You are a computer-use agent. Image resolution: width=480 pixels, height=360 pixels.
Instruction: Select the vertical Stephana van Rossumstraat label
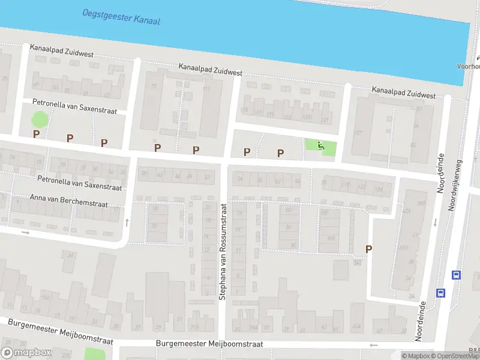[223, 251]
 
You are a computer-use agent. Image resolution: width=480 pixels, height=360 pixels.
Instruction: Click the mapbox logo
[26, 353]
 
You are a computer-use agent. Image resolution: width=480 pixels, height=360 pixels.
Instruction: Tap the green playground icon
[320, 146]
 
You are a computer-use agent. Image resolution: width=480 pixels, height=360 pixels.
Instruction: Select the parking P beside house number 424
[368, 249]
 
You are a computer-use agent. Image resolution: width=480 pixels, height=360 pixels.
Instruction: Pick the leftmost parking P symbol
[36, 134]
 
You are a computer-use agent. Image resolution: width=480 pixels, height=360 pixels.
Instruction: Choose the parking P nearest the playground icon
[280, 154]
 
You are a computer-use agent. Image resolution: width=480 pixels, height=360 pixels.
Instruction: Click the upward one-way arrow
[127, 222]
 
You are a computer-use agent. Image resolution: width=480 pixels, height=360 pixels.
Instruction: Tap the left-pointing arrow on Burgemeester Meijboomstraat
[374, 345]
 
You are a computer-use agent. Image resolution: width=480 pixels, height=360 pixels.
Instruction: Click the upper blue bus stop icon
[456, 275]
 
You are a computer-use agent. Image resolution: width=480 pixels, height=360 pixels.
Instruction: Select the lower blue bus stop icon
[440, 293]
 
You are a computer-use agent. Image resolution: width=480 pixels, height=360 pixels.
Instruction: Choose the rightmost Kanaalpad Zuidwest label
[403, 94]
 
